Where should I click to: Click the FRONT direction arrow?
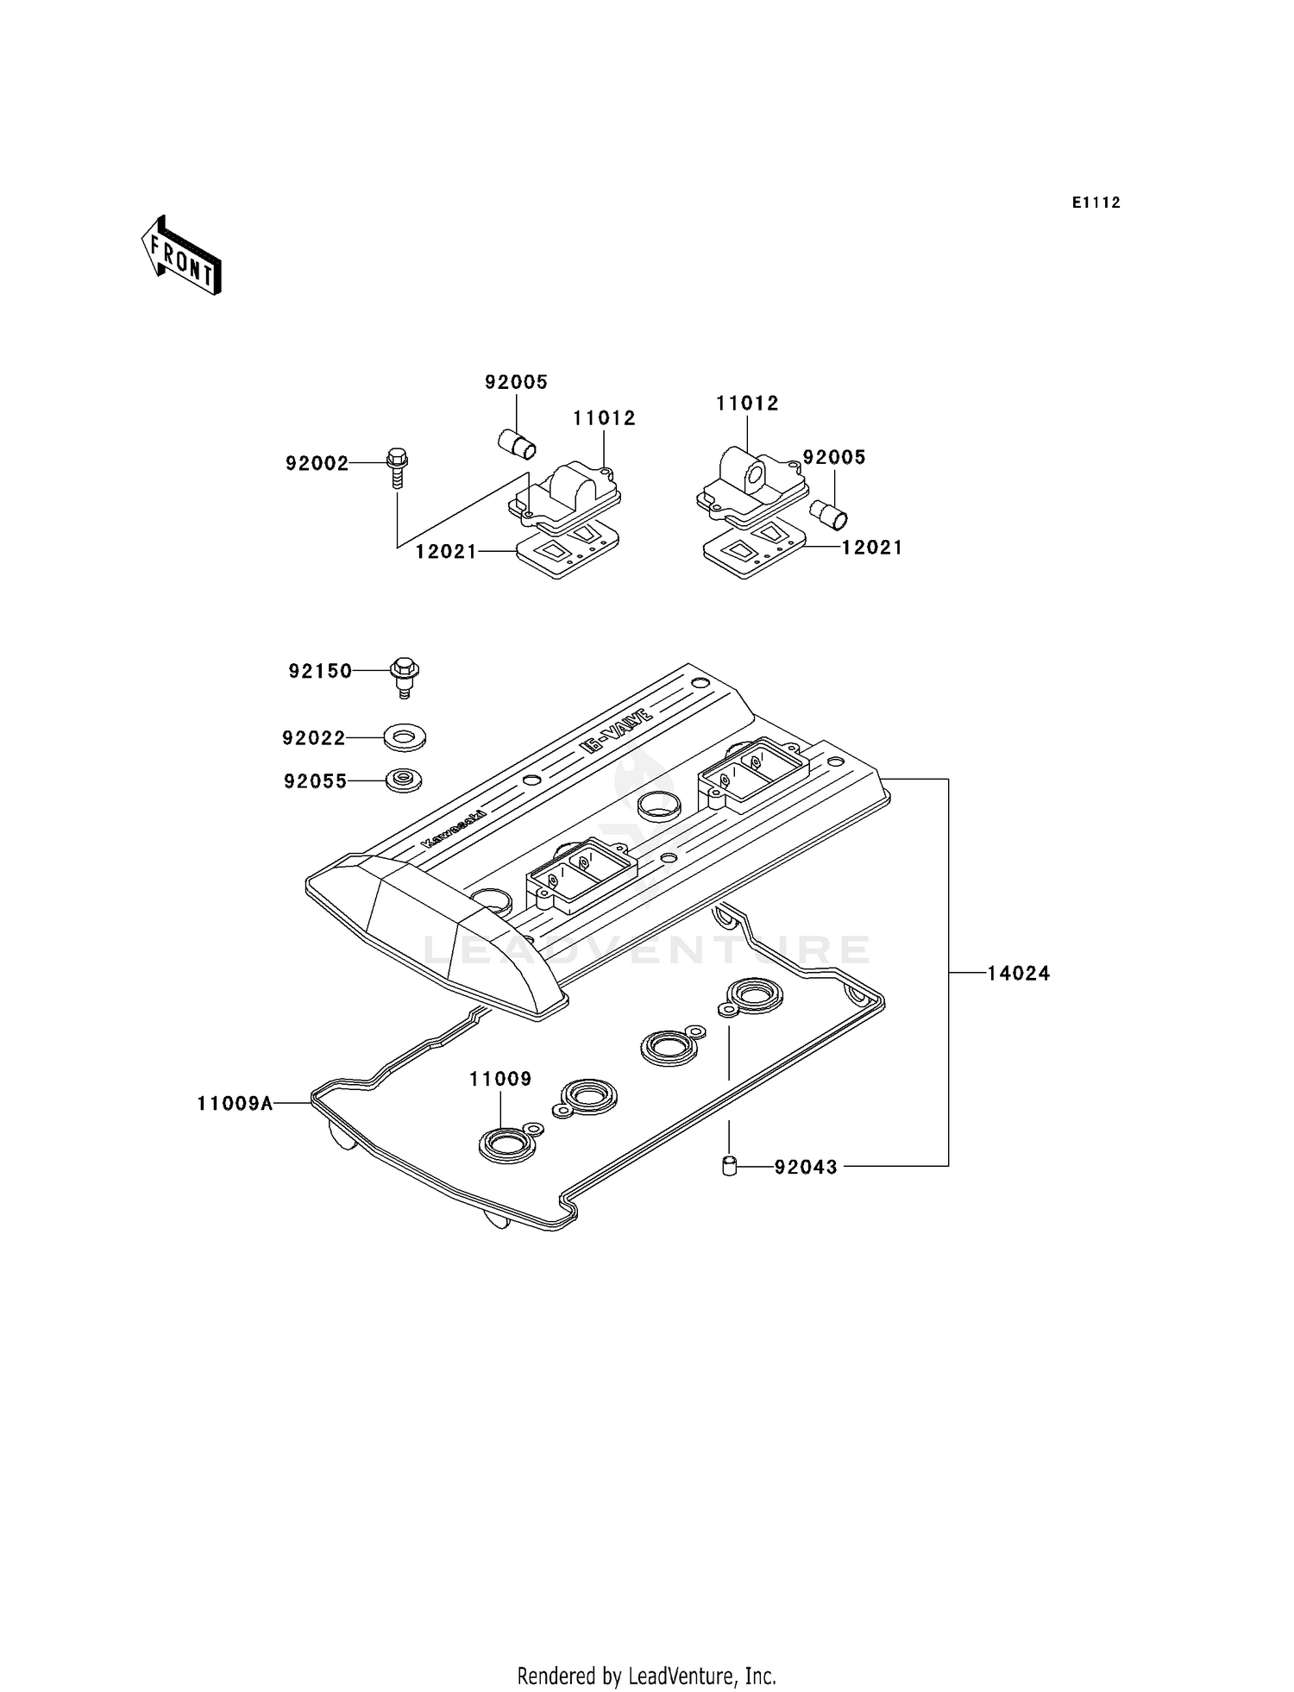point(181,256)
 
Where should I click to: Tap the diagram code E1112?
point(1096,203)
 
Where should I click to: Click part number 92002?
point(317,464)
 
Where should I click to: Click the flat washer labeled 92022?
point(405,737)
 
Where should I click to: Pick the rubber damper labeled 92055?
point(404,780)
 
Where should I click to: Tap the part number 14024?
point(1018,974)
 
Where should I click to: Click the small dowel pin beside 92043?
point(729,1168)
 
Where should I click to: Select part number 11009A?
point(235,1103)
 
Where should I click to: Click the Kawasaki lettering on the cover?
point(454,830)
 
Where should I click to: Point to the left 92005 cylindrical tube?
point(518,445)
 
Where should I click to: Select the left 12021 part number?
point(446,552)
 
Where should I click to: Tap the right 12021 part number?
point(872,548)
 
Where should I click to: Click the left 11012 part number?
point(604,418)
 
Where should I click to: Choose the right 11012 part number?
point(747,404)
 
